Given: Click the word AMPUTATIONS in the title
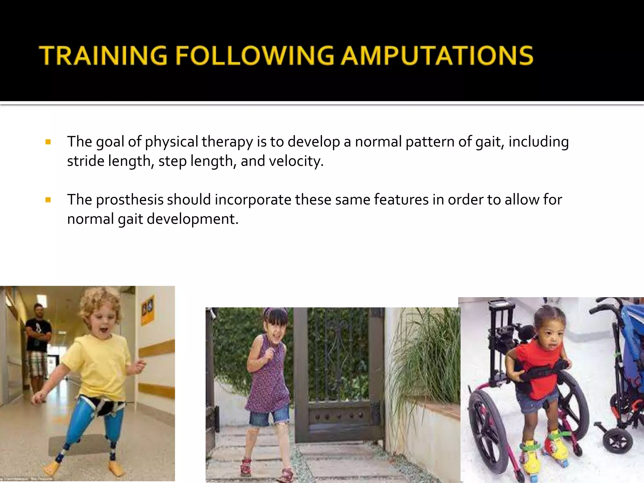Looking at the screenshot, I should [x=437, y=56].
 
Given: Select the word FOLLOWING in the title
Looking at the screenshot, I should [x=255, y=56].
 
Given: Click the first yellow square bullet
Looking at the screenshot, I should [x=48, y=142].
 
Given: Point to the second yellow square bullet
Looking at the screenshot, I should [x=48, y=200].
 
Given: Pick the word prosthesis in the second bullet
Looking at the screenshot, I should [x=130, y=200].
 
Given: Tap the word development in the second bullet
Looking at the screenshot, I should [x=192, y=219].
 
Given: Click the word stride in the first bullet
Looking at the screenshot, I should [x=86, y=161].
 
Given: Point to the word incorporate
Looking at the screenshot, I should [x=253, y=200].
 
